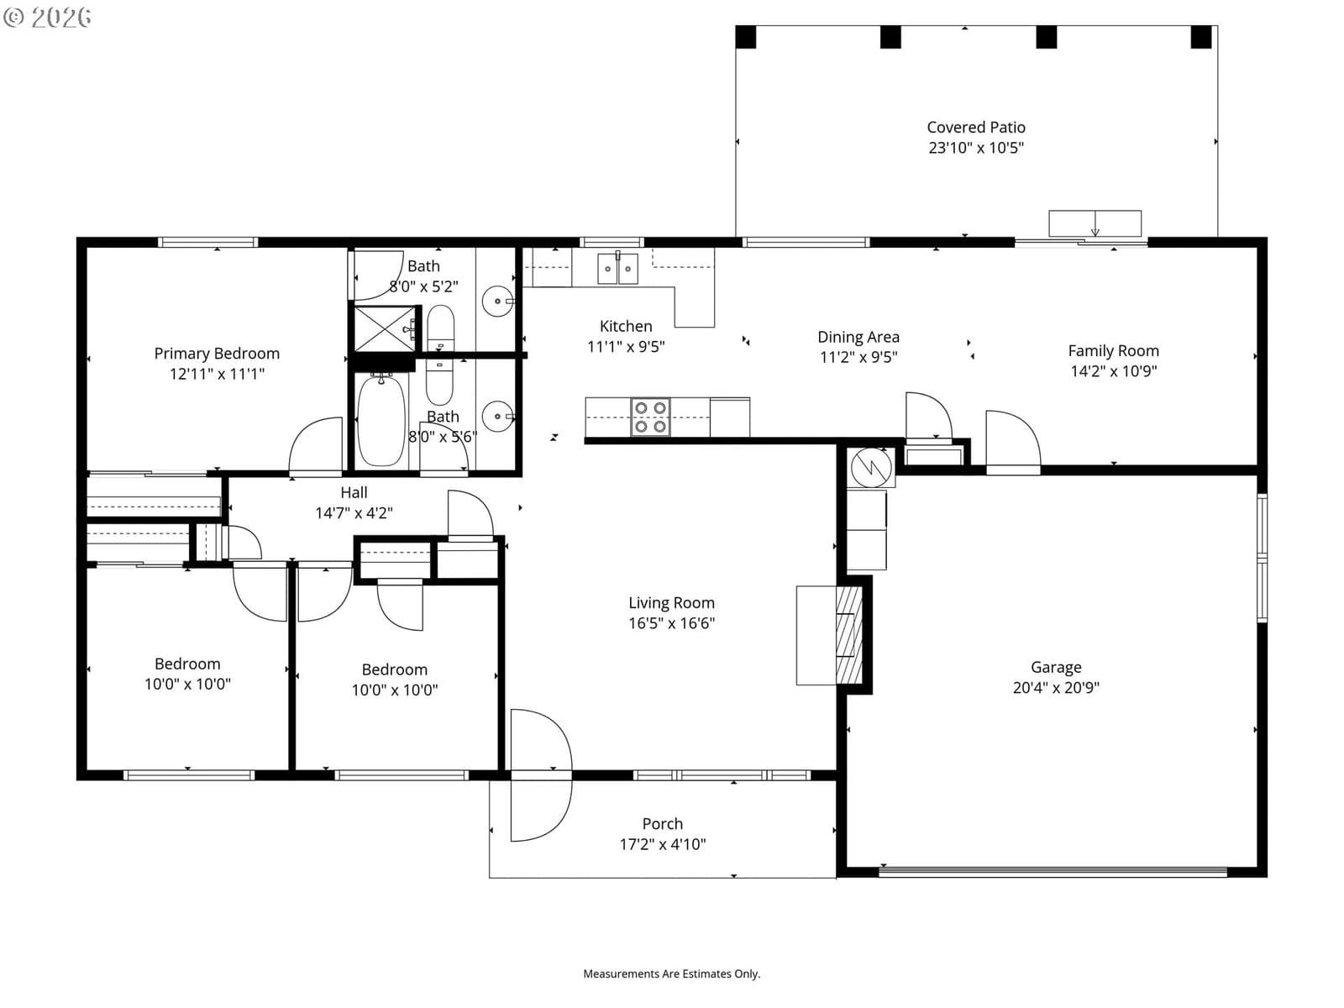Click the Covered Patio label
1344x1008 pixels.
(975, 128)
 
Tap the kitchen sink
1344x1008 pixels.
(617, 268)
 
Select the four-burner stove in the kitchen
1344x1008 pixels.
(649, 417)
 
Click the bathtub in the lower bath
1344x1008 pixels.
(381, 421)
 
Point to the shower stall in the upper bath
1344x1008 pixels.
(385, 328)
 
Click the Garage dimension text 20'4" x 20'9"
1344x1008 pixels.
(1056, 687)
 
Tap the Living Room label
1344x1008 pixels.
(671, 603)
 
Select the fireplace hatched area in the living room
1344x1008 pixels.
(848, 635)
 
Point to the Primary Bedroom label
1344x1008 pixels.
(217, 353)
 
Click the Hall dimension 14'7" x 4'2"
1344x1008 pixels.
(354, 513)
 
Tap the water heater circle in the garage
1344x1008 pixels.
(871, 467)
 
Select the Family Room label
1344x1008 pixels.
(1113, 350)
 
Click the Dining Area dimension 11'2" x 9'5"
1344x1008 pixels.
(858, 357)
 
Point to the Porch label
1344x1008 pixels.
(663, 823)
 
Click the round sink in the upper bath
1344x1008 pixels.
(497, 301)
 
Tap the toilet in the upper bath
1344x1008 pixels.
(440, 328)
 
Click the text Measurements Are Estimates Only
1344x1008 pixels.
(671, 973)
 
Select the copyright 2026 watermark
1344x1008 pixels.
(47, 17)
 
